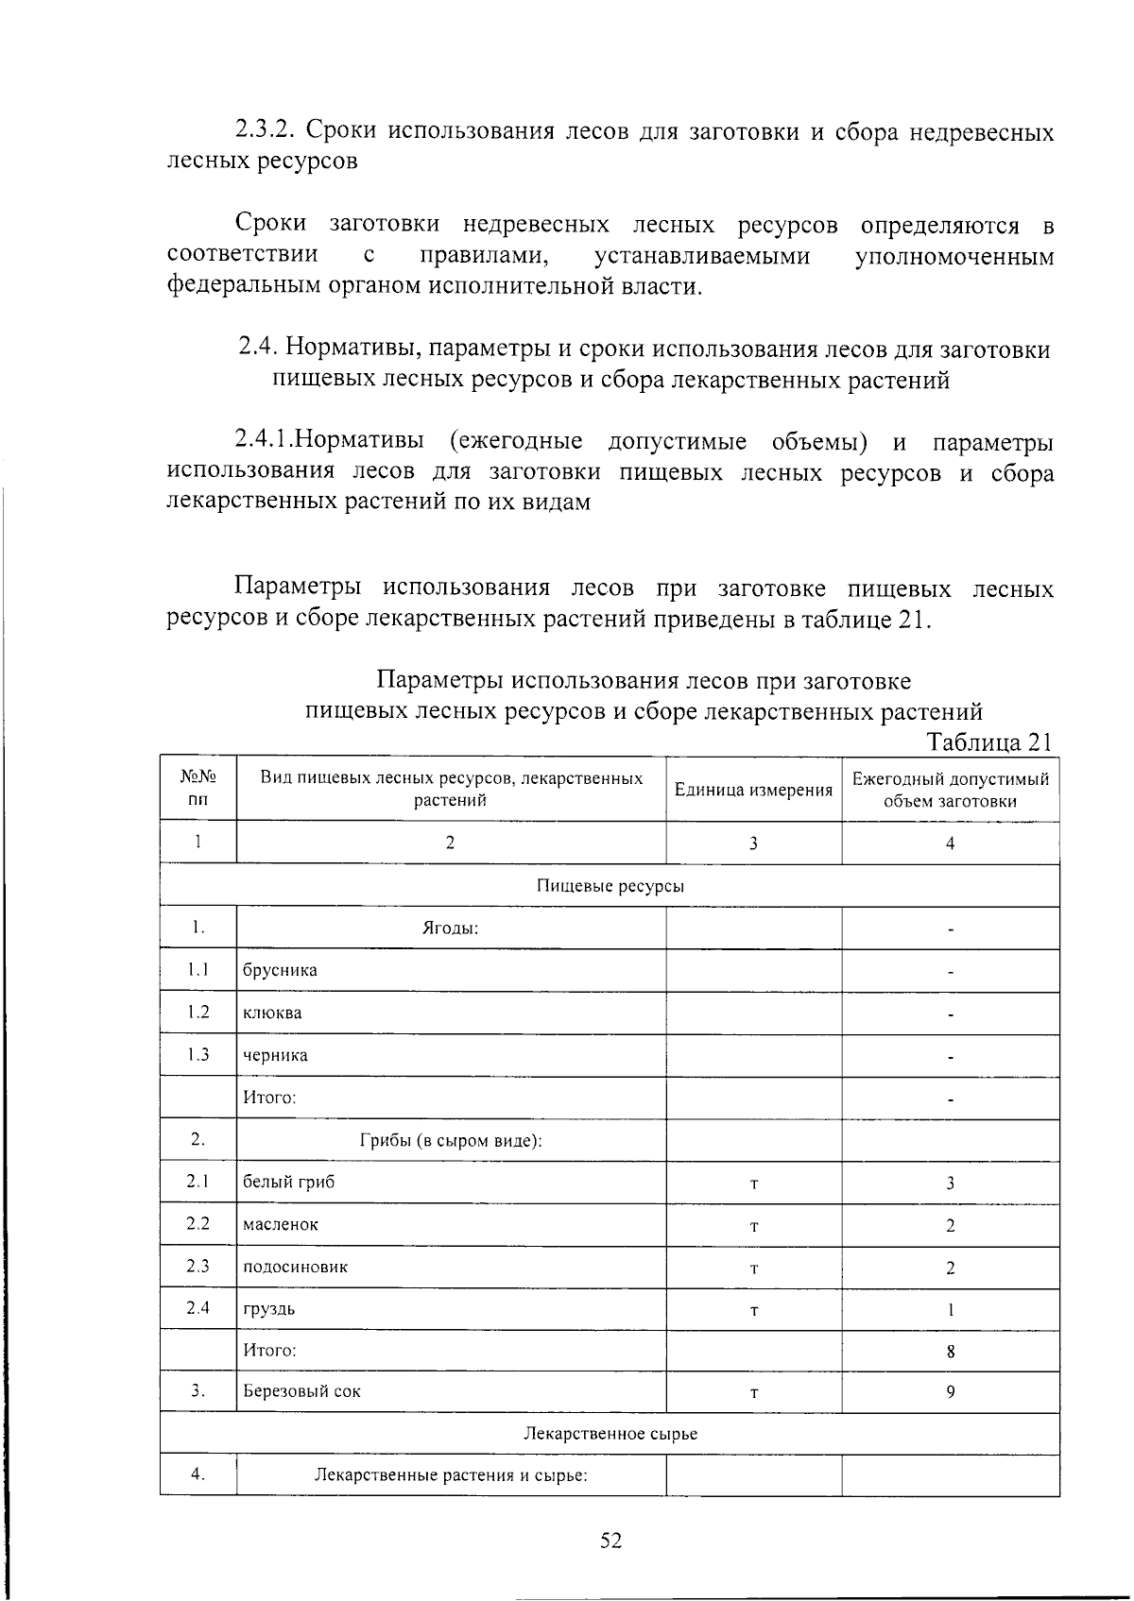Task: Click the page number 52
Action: tap(610, 1541)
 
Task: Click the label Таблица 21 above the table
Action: tap(989, 741)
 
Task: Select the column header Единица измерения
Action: tap(753, 790)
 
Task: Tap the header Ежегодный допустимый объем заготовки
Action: tap(950, 790)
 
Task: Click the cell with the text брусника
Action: tap(280, 970)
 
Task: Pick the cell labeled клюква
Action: tap(272, 1013)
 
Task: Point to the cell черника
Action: tap(275, 1055)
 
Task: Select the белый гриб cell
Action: tap(288, 1182)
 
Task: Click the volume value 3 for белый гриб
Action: tap(950, 1183)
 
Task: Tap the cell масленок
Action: tap(281, 1224)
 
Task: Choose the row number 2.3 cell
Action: tap(198, 1266)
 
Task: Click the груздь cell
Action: tap(269, 1309)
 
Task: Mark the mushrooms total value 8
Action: tap(950, 1351)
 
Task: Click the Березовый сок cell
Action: tap(301, 1391)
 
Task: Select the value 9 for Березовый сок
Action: tap(950, 1391)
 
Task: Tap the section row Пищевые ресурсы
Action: tap(610, 886)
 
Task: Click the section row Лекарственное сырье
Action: tap(610, 1433)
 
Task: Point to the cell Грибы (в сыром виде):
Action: tap(450, 1140)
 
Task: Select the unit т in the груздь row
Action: tap(753, 1310)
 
